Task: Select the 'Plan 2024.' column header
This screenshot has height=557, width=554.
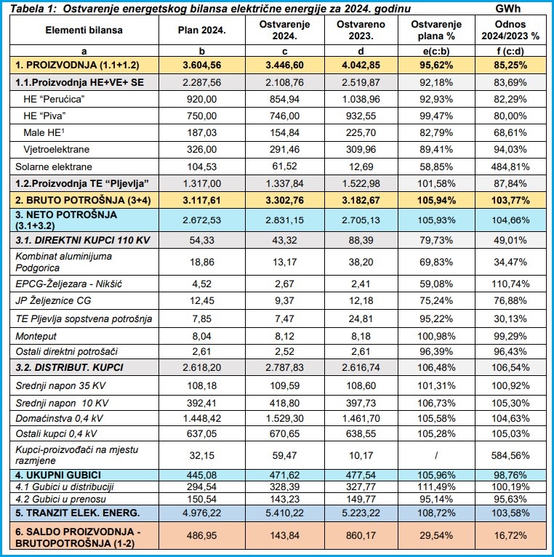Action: coord(201,30)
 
